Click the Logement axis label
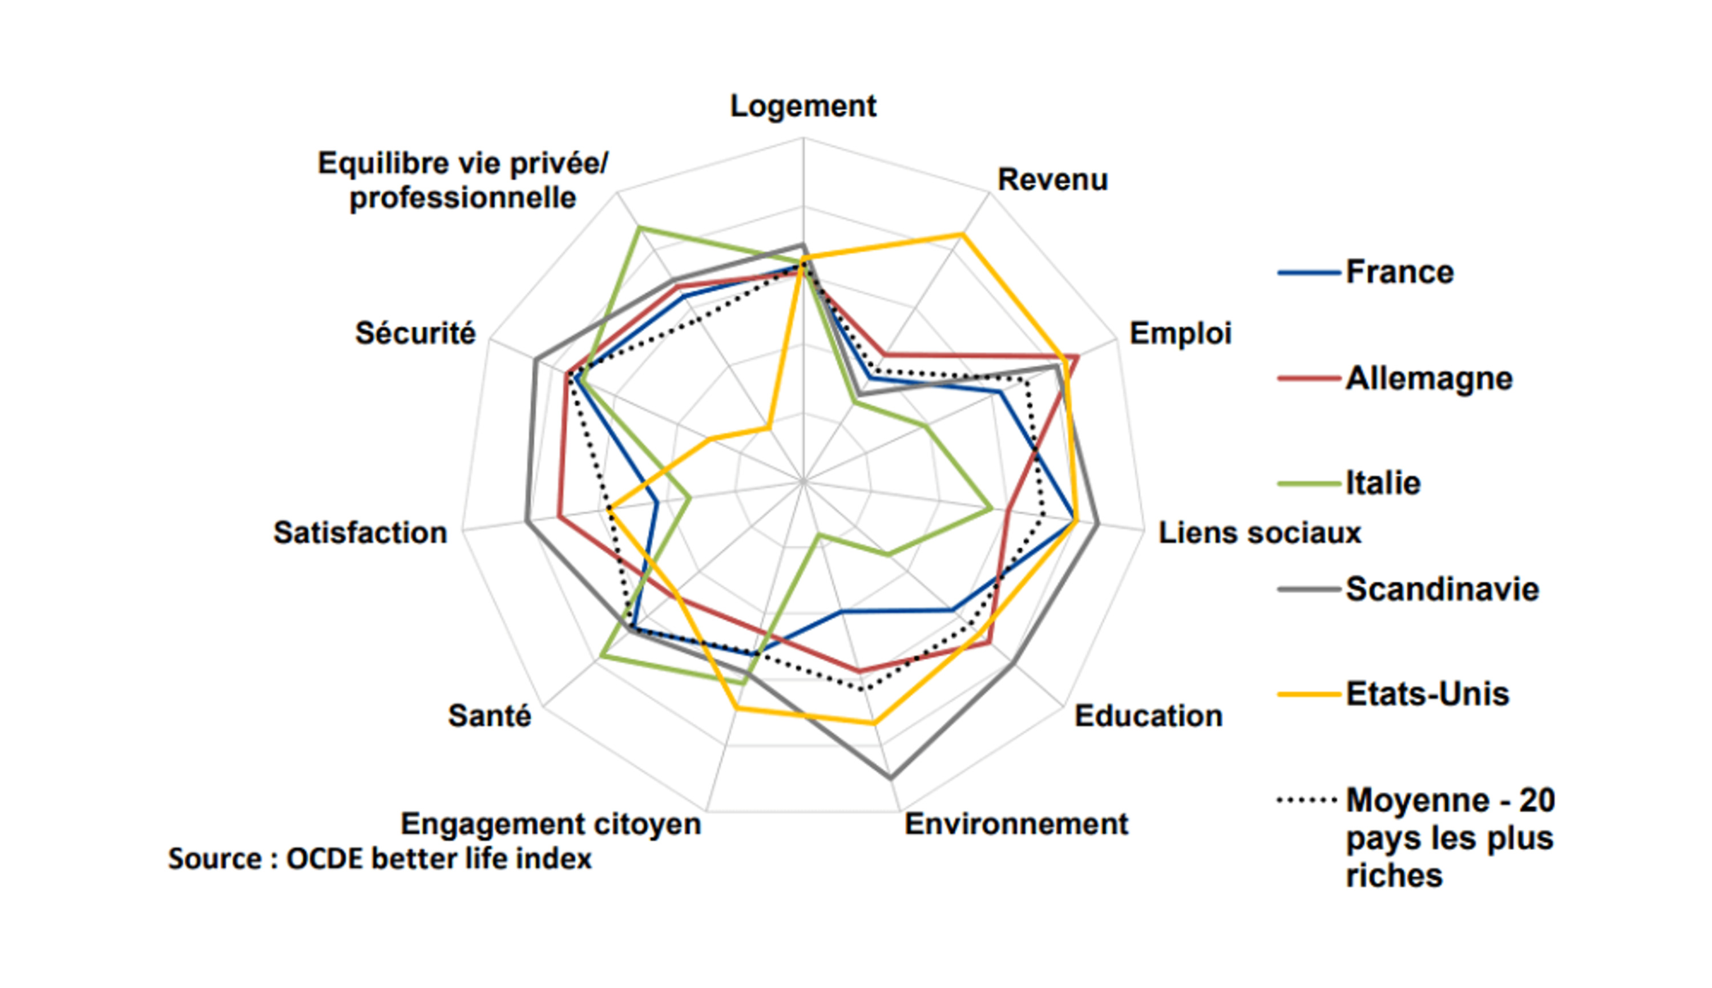coord(803,107)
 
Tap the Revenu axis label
coord(1053,180)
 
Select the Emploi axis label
coord(1180,334)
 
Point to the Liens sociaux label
coord(1259,533)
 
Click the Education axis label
coord(1148,716)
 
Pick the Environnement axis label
coord(1016,824)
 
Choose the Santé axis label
coord(490,715)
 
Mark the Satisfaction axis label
coord(360,533)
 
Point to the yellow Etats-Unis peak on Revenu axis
coord(961,235)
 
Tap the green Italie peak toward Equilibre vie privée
coord(640,228)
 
